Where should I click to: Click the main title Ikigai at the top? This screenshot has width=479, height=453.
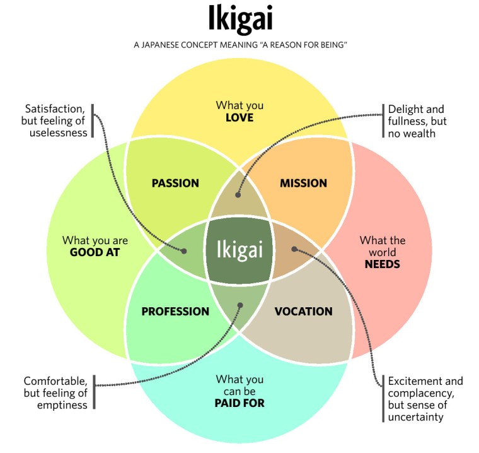tap(240, 20)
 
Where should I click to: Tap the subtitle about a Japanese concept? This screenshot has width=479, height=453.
tap(240, 45)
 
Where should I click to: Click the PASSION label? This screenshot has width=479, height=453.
tap(175, 184)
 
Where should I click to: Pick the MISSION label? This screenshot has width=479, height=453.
tap(303, 184)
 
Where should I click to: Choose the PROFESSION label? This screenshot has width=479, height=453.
tap(175, 312)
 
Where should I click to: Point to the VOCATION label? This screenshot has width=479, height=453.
tap(303, 312)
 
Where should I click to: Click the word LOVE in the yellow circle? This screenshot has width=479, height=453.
tap(239, 117)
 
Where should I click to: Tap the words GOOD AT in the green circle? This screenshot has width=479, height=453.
tap(95, 252)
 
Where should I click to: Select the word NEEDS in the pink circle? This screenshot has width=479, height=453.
tap(382, 264)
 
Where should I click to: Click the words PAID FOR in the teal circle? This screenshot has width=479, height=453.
tap(239, 403)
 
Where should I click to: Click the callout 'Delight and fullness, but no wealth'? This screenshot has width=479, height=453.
tap(416, 121)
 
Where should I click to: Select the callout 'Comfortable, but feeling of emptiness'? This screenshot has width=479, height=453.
tap(55, 393)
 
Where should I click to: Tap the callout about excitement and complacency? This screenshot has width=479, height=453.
tap(425, 399)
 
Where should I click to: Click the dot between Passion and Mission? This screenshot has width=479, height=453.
tap(238, 195)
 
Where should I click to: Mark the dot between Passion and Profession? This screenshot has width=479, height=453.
tap(184, 250)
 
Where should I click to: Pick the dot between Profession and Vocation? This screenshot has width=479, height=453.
tap(240, 305)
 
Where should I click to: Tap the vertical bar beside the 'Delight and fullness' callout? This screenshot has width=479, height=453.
tap(383, 121)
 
